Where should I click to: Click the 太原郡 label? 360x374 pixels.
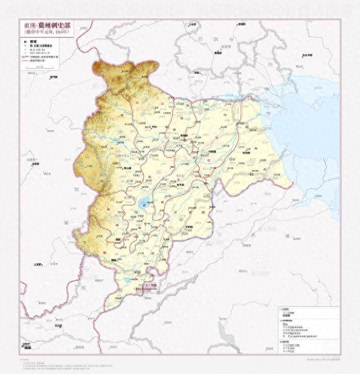[x=36, y=164]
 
